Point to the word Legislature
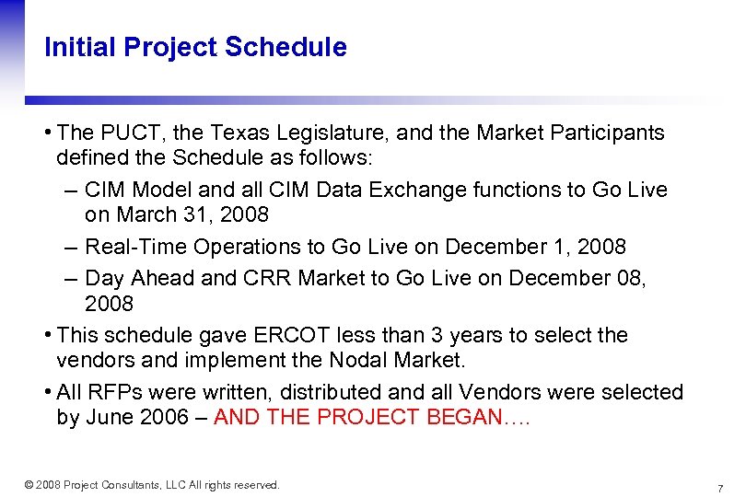coord(332,133)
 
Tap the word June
coord(111,417)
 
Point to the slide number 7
coord(719,487)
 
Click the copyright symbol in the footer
coord(29,485)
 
